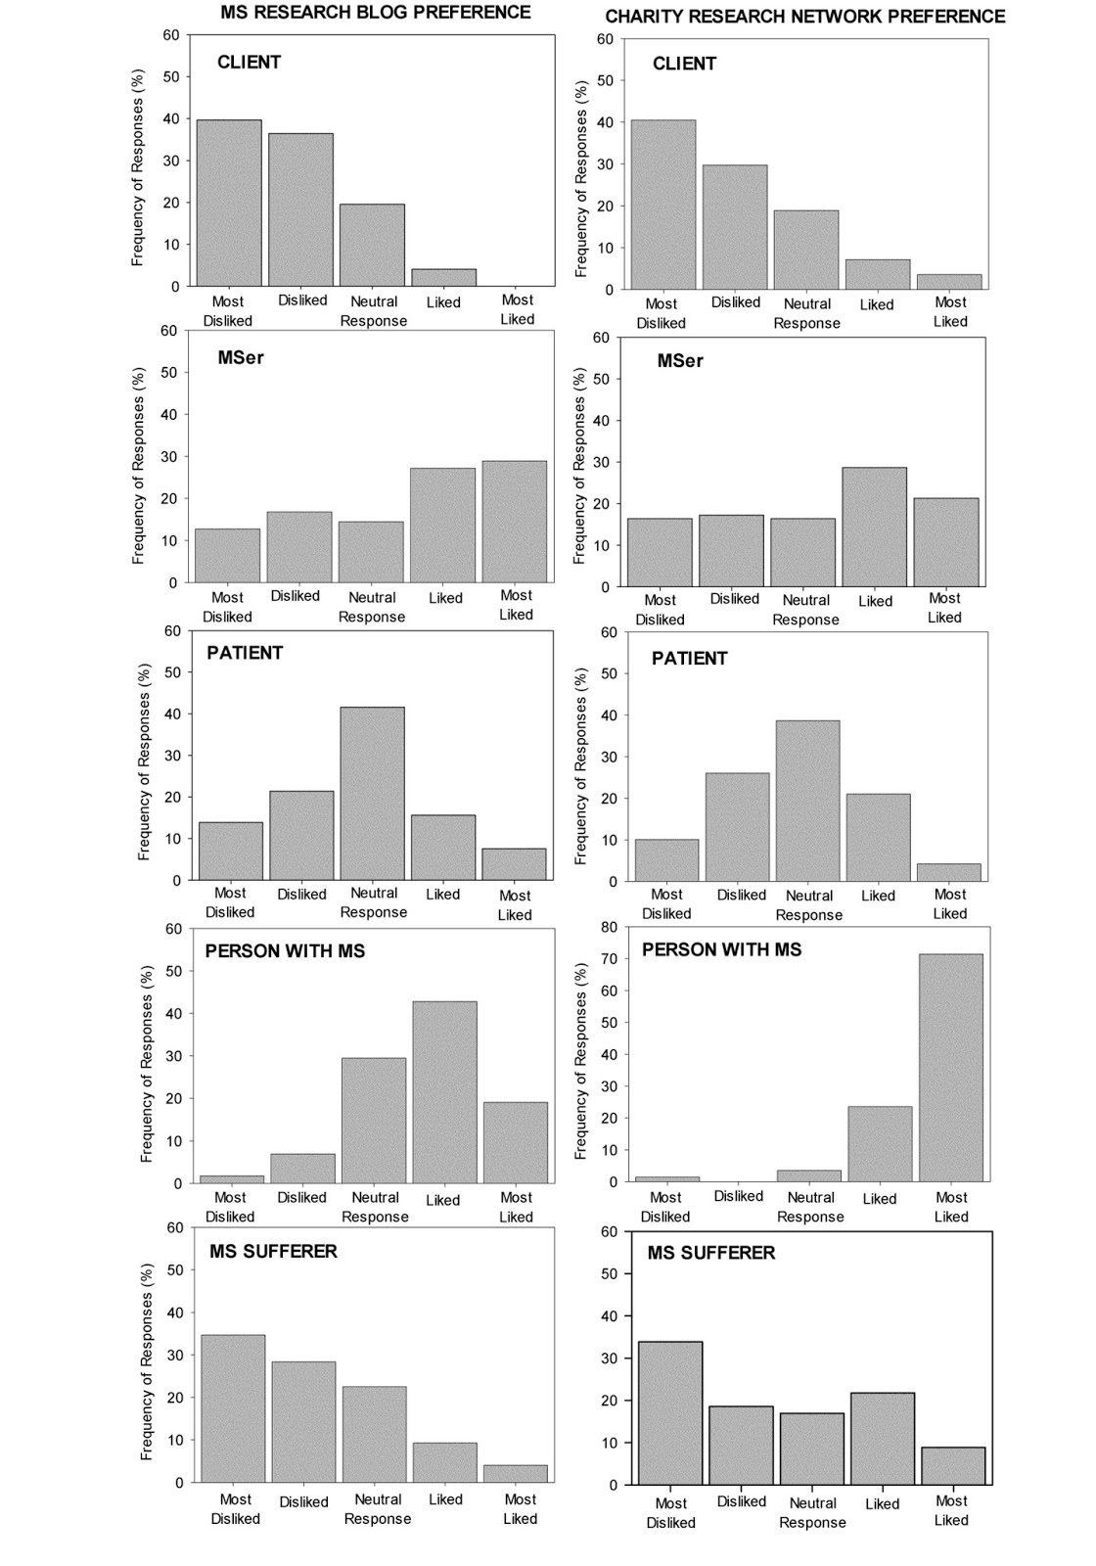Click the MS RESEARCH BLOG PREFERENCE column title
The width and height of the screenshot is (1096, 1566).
pos(376,13)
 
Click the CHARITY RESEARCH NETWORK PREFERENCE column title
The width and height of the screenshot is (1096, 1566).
pos(804,17)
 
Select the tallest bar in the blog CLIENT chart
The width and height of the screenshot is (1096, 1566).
pos(229,203)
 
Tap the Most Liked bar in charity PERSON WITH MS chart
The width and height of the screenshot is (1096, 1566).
pos(951,1068)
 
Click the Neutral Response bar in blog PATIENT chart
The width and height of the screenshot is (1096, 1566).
pos(372,793)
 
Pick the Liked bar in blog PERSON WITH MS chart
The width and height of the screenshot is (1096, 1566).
pos(444,1091)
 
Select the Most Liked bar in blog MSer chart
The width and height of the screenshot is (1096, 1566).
pos(516,522)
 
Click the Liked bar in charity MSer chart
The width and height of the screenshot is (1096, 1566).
pos(875,527)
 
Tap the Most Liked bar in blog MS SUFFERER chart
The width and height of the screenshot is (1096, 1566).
pos(516,1473)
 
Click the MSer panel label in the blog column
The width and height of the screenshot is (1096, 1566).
pos(241,358)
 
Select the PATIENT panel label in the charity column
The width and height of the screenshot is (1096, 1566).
pos(690,659)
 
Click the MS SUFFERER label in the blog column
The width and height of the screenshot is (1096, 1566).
pos(273,1252)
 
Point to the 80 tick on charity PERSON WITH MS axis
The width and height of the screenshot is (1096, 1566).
pos(607,927)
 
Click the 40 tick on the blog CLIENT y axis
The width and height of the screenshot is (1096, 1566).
pos(172,119)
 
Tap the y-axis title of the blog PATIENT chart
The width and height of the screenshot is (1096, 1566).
pos(145,761)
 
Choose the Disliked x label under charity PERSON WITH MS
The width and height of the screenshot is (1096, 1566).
pos(739,1196)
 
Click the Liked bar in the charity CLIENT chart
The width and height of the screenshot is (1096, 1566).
pos(878,274)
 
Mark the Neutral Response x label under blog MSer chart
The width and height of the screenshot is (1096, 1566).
pos(372,607)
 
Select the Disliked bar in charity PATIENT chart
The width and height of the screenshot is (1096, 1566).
pos(737,827)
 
